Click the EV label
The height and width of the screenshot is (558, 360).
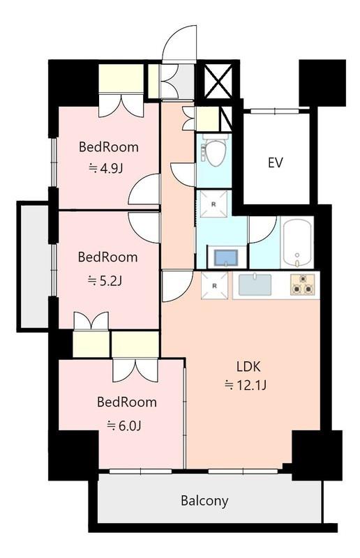click(276, 163)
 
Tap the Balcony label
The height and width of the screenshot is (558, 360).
click(204, 501)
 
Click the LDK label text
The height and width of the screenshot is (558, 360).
click(248, 367)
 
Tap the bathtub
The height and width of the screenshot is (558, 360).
click(297, 243)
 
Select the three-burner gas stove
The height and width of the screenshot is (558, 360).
click(303, 285)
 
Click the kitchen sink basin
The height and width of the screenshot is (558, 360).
click(255, 285)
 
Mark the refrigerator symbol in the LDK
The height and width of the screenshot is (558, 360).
click(214, 285)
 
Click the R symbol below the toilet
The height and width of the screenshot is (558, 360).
click(213, 204)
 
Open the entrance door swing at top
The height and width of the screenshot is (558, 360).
click(179, 43)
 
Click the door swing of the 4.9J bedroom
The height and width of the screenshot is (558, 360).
click(144, 189)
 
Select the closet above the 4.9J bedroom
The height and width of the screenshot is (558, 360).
click(121, 78)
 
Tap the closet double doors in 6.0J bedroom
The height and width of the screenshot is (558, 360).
click(135, 370)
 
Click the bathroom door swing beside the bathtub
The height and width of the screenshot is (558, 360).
click(263, 230)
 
